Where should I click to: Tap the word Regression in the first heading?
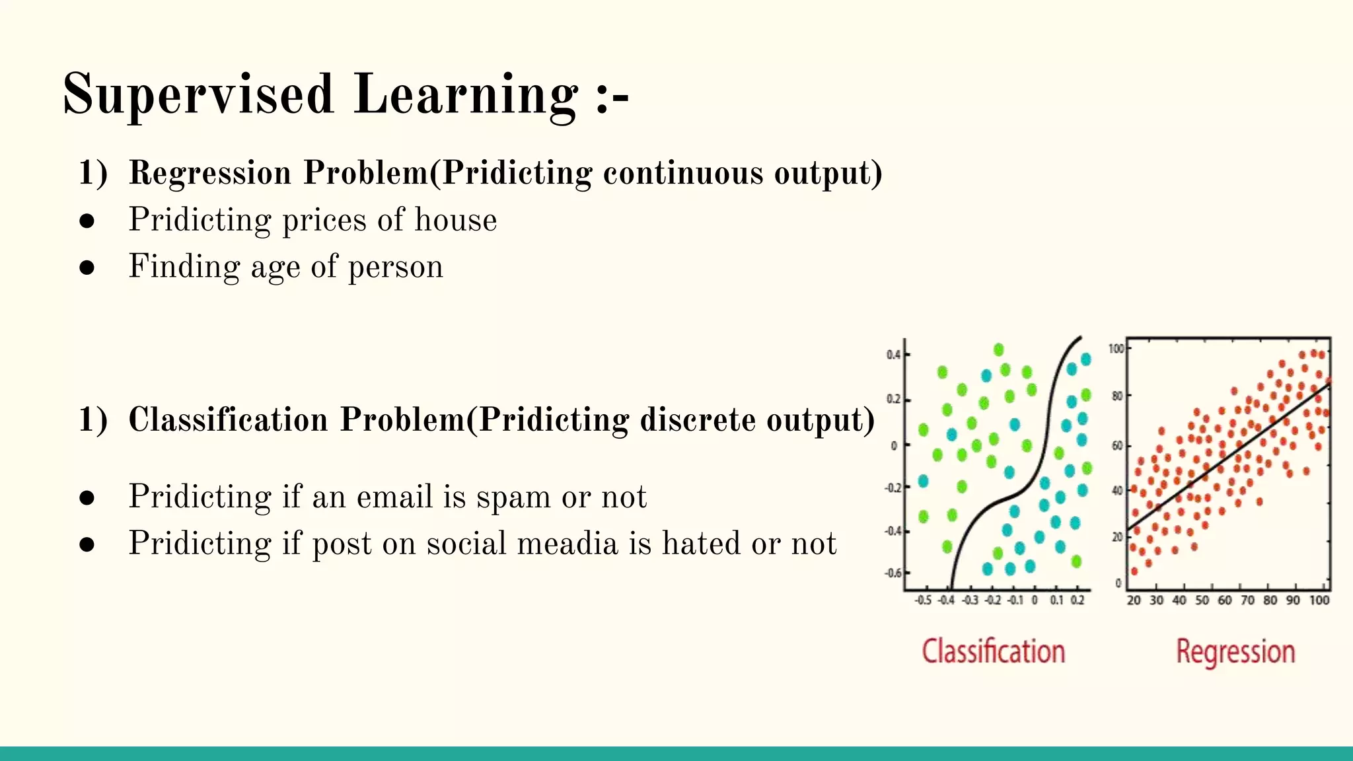click(x=209, y=173)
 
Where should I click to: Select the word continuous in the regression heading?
click(x=683, y=173)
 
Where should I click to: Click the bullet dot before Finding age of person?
click(x=87, y=268)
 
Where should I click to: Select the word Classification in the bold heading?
click(x=228, y=420)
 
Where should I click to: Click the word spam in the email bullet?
click(x=513, y=497)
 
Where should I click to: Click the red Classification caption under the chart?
click(x=993, y=651)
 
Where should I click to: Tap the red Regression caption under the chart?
click(x=1235, y=651)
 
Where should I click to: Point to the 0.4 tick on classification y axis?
click(x=893, y=355)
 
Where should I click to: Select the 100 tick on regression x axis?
click(x=1319, y=600)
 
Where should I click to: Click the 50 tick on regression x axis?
click(x=1202, y=600)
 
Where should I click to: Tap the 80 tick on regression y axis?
click(x=1116, y=396)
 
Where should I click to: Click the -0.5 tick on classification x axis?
click(x=923, y=600)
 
